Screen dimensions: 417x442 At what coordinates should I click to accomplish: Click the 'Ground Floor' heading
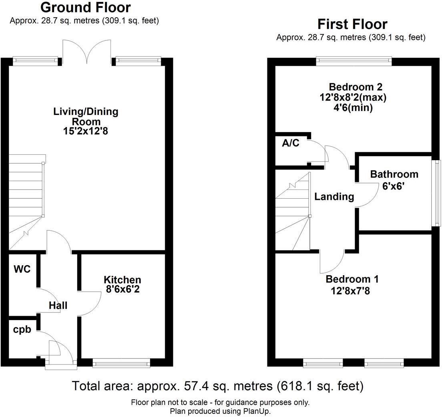pyautogui.click(x=86, y=7)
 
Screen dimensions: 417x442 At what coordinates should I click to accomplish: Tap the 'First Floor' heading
pyautogui.click(x=352, y=24)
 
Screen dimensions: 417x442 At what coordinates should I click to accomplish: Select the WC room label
pyautogui.click(x=22, y=269)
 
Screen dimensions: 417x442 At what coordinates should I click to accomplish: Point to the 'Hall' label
pyautogui.click(x=58, y=306)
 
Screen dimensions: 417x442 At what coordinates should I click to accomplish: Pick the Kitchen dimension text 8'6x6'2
pyautogui.click(x=122, y=289)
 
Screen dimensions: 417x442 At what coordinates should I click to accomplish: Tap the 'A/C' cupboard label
pyautogui.click(x=290, y=143)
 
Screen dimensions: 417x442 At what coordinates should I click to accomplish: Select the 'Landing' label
pyautogui.click(x=334, y=197)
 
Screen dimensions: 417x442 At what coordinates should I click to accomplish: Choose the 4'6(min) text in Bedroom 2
pyautogui.click(x=351, y=107)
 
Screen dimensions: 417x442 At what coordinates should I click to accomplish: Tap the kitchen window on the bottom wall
pyautogui.click(x=121, y=363)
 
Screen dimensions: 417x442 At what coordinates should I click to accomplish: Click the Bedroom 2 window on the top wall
pyautogui.click(x=354, y=60)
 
